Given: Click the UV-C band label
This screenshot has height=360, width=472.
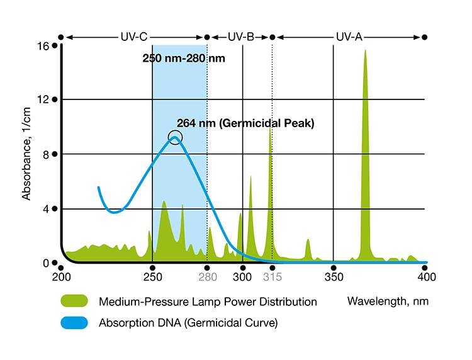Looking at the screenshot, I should coord(133,37).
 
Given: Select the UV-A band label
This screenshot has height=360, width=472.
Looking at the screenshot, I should coord(349,37).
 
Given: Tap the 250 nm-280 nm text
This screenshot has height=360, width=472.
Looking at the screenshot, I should coord(183,60).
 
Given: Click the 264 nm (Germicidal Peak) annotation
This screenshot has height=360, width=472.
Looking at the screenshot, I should coord(245,123).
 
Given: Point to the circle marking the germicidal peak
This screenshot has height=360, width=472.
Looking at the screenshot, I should coord(175,137).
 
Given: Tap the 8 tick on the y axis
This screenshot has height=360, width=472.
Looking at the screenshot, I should coord(46,154).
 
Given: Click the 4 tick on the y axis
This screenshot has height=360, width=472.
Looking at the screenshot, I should coord(46,208).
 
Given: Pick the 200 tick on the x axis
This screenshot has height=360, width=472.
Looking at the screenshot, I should coord(60,276).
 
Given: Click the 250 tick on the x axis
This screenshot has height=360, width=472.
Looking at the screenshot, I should coord(152,276).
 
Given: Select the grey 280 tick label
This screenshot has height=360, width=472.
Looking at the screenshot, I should coord(207,276).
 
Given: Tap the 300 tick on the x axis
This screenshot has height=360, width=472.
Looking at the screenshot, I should coord(243,276).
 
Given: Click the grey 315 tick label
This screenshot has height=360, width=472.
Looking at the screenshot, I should coord(271,276).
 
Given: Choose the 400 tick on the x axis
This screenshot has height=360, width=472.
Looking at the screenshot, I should coord(425,276).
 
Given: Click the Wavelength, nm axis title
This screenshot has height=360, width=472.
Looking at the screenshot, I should coord(388,301).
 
